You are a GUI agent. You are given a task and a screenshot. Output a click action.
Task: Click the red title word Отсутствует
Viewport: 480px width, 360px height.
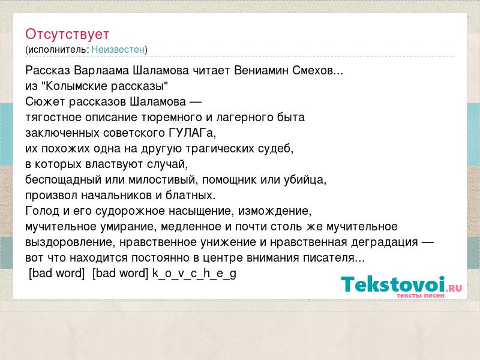pyautogui.click(x=67, y=34)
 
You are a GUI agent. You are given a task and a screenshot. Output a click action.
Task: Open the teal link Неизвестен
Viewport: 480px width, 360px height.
pyautogui.click(x=118, y=49)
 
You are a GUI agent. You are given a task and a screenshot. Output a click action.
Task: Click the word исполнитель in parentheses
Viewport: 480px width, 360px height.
pyautogui.click(x=58, y=50)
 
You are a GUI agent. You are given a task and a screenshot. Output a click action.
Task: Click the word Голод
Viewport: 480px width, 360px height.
pyautogui.click(x=42, y=211)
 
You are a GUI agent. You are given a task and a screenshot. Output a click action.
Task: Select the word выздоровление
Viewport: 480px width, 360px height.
pyautogui.click(x=68, y=242)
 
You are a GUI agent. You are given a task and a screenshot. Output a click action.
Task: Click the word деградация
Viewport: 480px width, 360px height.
pyautogui.click(x=384, y=242)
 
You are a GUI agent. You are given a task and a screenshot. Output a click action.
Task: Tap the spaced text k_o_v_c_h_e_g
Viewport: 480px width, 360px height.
pyautogui.click(x=194, y=274)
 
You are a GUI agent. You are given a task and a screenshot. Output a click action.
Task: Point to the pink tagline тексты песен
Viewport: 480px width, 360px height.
pyautogui.click(x=421, y=295)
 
